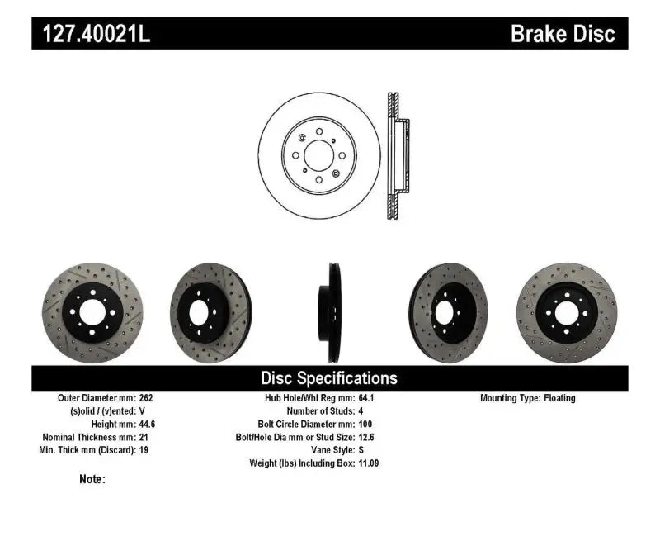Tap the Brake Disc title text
click(563, 34)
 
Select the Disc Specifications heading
click(329, 378)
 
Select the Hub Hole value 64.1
click(366, 398)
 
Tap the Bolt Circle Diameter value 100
click(365, 424)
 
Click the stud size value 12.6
click(366, 437)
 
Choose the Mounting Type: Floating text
click(528, 398)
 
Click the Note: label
click(92, 479)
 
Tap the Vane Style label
click(327, 450)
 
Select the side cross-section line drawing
click(396, 154)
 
